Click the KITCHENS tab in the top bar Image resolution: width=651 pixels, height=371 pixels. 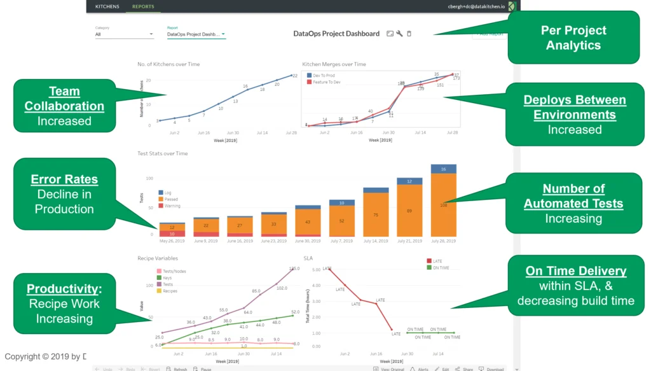click(107, 6)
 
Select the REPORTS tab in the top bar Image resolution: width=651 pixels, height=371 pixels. click(142, 6)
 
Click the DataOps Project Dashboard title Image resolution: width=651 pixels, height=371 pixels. click(336, 34)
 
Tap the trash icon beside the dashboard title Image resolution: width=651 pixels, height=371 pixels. click(409, 34)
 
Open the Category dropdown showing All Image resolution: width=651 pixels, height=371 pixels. click(124, 34)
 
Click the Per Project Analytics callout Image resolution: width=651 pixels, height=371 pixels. click(573, 38)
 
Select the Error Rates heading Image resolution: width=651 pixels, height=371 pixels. click(64, 180)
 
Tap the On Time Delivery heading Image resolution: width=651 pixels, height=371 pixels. click(576, 271)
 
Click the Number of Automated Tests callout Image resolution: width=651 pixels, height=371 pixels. click(573, 196)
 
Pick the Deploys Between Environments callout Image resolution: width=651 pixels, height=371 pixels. click(575, 108)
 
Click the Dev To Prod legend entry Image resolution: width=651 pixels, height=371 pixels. click(324, 75)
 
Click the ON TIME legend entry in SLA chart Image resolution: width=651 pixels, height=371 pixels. click(440, 268)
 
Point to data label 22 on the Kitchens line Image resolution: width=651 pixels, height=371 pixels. click(295, 76)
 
